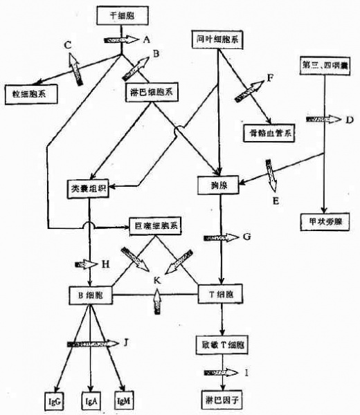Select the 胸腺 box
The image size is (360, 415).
pos(219,185)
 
